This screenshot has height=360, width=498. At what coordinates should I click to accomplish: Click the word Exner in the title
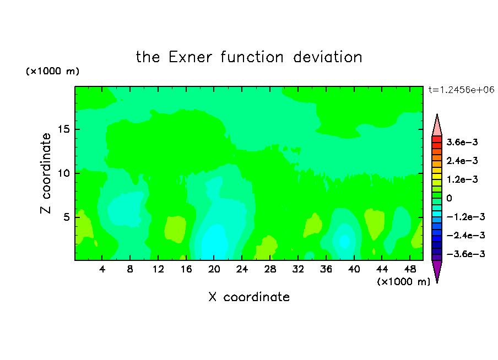[x=190, y=57]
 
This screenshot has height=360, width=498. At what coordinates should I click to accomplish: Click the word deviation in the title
[x=327, y=57]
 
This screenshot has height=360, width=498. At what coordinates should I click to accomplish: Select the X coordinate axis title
[x=249, y=297]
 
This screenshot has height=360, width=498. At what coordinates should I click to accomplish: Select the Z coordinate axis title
[x=46, y=173]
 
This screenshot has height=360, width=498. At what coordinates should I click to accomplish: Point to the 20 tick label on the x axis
[x=214, y=269]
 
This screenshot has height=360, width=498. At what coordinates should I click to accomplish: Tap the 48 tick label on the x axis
[x=410, y=269]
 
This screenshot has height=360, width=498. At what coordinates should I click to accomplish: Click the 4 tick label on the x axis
[x=102, y=269]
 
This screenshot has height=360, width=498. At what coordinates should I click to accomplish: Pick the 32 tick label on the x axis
[x=298, y=269]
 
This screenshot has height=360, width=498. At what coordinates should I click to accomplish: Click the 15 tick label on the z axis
[x=63, y=129]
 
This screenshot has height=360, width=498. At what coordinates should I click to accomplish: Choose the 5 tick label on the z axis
[x=66, y=217]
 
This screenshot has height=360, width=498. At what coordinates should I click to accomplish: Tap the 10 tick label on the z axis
[x=63, y=173]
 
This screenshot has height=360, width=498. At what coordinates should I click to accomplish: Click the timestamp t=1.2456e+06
[x=461, y=90]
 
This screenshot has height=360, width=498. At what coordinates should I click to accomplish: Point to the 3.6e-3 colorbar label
[x=462, y=142]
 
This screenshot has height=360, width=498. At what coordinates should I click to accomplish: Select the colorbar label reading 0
[x=449, y=198]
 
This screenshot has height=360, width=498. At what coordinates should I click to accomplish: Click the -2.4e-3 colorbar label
[x=465, y=235]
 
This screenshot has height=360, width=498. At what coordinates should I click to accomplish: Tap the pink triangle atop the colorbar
[x=437, y=127]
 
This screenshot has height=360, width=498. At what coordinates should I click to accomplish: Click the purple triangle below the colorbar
[x=437, y=270]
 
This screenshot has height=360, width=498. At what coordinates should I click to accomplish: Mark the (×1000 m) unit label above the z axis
[x=52, y=71]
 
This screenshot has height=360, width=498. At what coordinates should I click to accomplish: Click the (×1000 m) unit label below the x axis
[x=403, y=282]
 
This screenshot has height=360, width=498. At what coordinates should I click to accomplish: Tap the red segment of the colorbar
[x=437, y=139]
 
